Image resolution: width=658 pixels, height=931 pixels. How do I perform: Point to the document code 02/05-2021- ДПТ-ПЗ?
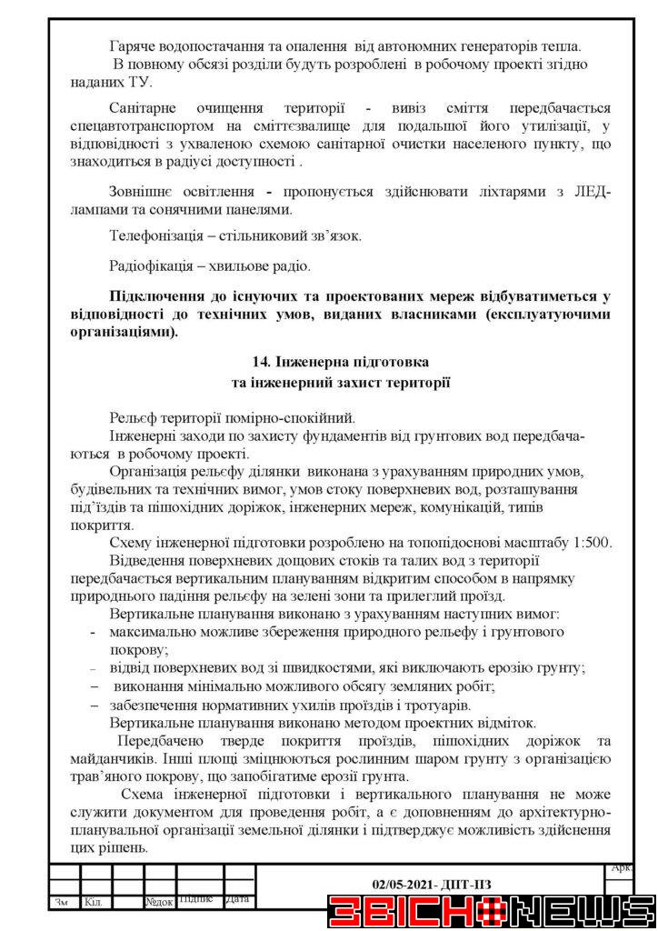[432, 884]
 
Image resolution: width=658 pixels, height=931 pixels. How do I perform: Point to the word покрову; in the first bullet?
[138, 650]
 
